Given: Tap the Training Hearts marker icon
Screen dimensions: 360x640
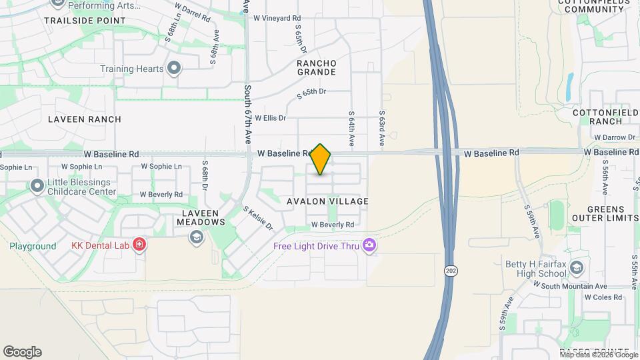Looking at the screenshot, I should coord(175,69).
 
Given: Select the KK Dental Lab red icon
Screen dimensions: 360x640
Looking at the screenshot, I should coord(139,245).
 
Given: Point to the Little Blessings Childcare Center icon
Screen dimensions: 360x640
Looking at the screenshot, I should coord(37,185).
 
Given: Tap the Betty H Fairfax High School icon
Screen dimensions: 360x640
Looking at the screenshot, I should coord(577,269).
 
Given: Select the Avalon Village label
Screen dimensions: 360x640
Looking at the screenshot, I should coord(327,201).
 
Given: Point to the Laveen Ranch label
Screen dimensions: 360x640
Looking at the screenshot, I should coord(85,119).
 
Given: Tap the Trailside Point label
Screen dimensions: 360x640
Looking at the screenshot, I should coord(85,21).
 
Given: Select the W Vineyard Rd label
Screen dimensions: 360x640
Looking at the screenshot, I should coord(277,18).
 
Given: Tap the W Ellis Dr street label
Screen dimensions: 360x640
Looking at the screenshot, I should coord(270,118).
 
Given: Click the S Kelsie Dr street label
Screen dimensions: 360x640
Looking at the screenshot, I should coord(258,218).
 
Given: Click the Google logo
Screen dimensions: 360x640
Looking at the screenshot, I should coord(22,352).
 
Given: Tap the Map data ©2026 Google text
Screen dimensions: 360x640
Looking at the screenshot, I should coord(600,355).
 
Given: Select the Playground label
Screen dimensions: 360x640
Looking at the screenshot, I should coord(33,246).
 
